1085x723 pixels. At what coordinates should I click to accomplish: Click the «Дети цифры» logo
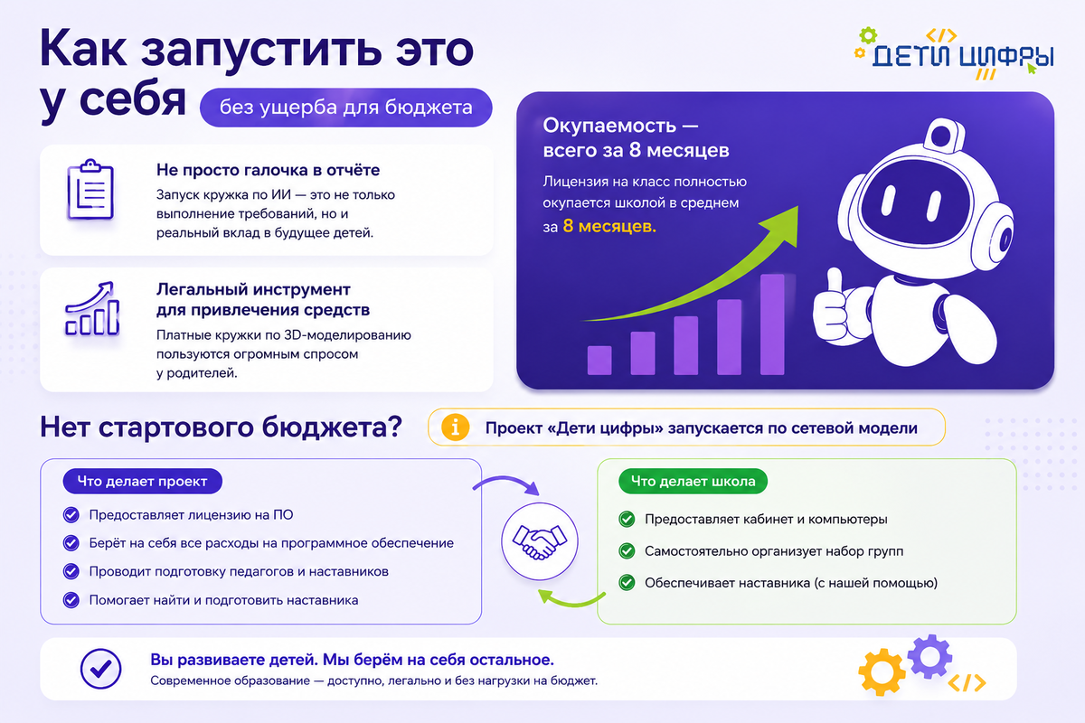tap(954, 53)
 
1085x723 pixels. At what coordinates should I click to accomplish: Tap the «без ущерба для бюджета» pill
tap(345, 108)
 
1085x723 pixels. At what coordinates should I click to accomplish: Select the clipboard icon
tap(90, 190)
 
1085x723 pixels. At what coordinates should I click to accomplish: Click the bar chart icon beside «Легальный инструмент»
tap(92, 308)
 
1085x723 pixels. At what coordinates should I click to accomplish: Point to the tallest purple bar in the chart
tap(772, 324)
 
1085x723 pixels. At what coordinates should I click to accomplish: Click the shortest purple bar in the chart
tap(599, 361)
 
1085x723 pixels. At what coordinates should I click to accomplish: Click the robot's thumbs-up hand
tap(834, 306)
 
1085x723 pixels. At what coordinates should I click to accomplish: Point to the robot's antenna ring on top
tap(943, 135)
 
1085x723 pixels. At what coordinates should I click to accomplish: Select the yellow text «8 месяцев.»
tap(609, 226)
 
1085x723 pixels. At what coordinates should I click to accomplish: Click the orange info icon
tap(455, 427)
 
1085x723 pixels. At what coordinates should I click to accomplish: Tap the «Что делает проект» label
tap(143, 482)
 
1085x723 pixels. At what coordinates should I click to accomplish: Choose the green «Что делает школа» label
tap(693, 482)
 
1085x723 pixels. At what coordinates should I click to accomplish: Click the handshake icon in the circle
tap(540, 541)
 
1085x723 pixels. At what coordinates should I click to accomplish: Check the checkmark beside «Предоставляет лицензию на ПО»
tap(71, 515)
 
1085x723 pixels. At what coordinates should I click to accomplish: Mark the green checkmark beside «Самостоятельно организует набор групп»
tap(627, 551)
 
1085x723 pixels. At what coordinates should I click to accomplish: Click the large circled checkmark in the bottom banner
tap(100, 669)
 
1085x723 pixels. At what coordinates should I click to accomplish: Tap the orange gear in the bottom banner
tap(882, 672)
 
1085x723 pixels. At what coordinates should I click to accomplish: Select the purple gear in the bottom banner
tap(929, 657)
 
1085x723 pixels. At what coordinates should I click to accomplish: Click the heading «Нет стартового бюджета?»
tap(221, 427)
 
